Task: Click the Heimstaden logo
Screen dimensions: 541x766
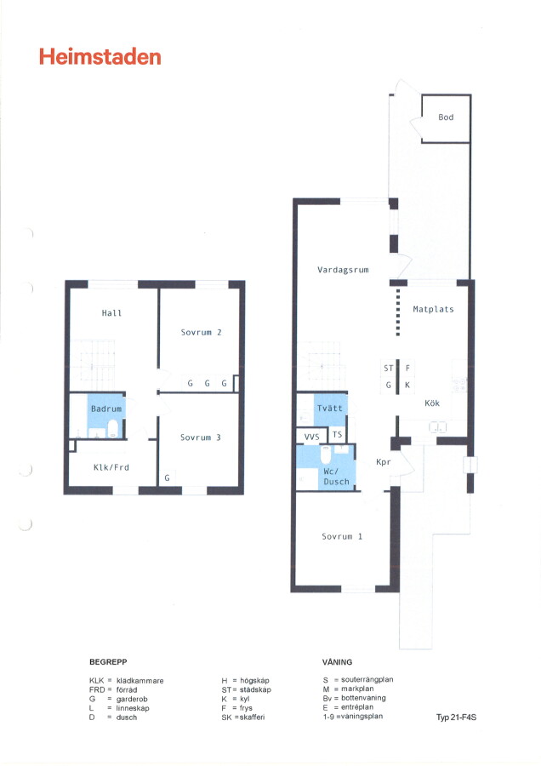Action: coord(100,57)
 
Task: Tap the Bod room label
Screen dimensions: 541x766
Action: coord(446,117)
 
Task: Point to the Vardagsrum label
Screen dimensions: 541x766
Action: coord(343,270)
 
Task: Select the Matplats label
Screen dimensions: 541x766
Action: coord(433,309)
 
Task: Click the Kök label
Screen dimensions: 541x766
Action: coord(432,403)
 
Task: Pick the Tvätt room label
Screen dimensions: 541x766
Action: coord(329,408)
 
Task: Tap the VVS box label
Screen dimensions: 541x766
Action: coord(311,437)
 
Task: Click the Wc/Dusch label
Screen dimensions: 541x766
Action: coord(336,477)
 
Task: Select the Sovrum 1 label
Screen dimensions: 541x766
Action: coord(342,536)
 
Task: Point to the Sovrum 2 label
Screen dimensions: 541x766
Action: coord(201,332)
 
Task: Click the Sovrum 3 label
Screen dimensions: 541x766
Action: coord(200,437)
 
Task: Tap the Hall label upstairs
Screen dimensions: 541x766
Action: coord(111,313)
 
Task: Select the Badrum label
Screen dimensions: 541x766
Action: coord(106,409)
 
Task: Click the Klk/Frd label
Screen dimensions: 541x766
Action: coord(111,467)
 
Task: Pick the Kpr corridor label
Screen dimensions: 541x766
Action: coord(384,461)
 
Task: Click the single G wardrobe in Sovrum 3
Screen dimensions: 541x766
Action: coord(167,477)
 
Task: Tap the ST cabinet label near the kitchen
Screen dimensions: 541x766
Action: coord(389,369)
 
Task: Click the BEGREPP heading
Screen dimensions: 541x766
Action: coord(108,662)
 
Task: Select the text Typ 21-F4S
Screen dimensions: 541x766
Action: coord(456,717)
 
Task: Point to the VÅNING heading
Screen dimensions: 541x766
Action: coord(337,662)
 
